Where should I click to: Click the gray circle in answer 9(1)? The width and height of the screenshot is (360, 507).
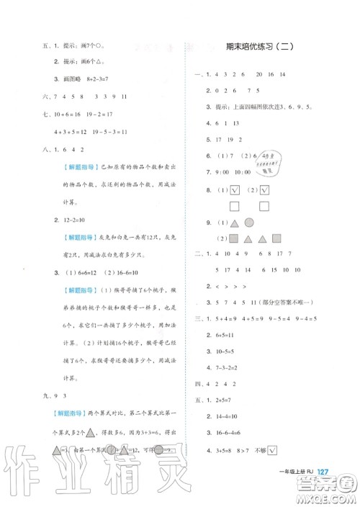248,223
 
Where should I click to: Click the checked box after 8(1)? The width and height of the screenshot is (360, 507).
235,190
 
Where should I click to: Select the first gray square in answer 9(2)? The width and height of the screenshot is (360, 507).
234,238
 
